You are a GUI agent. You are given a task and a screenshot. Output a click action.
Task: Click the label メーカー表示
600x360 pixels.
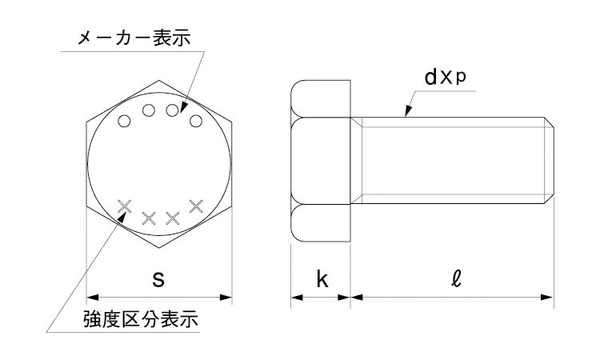click(134, 38)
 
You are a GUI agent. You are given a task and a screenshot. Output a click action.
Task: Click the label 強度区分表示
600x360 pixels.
click(141, 319)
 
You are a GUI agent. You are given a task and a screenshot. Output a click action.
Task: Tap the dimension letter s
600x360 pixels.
click(158, 279)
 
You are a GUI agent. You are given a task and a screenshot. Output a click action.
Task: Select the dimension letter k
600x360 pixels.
click(322, 279)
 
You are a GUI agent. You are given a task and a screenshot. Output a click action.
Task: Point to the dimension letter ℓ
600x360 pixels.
click(456, 278)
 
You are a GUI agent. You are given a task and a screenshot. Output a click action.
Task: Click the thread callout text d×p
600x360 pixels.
click(446, 77)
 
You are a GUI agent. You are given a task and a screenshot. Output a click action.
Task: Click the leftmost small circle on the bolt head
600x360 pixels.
click(124, 122)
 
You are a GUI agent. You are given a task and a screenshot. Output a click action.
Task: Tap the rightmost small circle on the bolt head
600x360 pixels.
click(195, 122)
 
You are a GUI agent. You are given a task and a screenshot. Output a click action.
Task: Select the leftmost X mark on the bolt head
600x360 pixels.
click(124, 206)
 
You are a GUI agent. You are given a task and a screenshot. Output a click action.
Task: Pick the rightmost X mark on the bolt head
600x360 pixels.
click(196, 206)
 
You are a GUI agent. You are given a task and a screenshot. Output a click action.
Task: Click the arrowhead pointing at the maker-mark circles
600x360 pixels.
click(183, 106)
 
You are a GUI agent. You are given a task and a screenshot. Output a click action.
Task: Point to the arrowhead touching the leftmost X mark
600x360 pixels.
click(122, 217)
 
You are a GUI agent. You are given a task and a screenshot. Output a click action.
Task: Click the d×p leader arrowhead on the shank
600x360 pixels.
click(408, 111)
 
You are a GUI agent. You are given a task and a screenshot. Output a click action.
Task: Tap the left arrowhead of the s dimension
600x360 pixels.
click(93, 298)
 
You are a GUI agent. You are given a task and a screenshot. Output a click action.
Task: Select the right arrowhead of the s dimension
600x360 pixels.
click(226, 298)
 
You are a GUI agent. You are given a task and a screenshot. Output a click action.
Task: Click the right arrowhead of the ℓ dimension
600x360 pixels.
click(547, 298)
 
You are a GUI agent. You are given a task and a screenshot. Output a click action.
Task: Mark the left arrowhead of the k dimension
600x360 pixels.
click(297, 298)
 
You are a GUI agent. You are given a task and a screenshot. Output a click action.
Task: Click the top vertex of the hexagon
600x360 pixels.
click(159, 80)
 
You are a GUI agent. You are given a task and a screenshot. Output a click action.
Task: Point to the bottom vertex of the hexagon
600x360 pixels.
click(159, 248)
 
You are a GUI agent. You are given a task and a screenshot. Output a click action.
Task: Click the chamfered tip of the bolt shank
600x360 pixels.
click(549, 160)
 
